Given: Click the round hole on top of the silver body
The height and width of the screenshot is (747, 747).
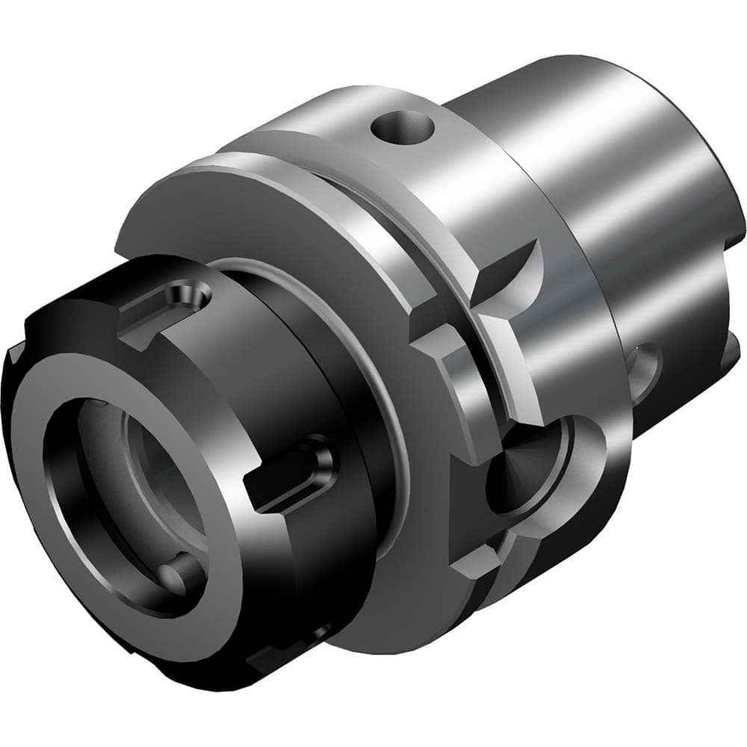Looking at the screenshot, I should pos(403,128).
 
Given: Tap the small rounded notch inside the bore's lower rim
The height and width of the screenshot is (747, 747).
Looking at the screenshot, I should pos(179,578).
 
